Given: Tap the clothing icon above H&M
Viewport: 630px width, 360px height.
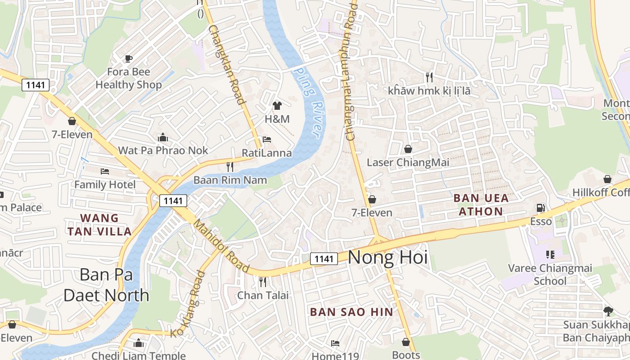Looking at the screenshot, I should (x=277, y=106).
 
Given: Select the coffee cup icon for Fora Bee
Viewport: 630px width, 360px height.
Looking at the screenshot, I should (x=129, y=58).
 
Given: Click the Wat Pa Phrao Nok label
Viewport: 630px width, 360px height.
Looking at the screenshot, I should (x=163, y=150).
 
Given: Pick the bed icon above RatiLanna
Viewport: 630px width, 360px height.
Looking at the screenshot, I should (x=267, y=139).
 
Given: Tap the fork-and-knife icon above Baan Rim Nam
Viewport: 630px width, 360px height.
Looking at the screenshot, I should (x=230, y=167).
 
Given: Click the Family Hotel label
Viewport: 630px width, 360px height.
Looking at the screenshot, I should (x=105, y=184).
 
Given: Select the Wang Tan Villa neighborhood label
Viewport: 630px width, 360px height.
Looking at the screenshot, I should (x=99, y=225).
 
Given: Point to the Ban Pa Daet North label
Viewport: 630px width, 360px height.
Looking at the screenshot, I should (x=106, y=285).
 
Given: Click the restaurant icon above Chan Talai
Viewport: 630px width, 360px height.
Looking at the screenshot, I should (x=263, y=282).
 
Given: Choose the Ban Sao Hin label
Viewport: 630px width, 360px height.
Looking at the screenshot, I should (x=351, y=312).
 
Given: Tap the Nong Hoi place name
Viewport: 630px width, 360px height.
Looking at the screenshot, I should (x=387, y=258).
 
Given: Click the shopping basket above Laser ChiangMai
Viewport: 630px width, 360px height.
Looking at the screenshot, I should (x=408, y=149).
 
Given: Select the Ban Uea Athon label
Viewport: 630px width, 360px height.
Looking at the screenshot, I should (x=481, y=205).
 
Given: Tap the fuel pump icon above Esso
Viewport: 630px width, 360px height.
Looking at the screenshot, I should (x=540, y=208).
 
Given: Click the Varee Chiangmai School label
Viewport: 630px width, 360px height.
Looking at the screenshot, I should (x=550, y=274).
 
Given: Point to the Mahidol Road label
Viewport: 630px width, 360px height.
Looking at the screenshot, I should (x=221, y=246).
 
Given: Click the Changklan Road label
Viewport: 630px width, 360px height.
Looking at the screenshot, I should (x=227, y=64).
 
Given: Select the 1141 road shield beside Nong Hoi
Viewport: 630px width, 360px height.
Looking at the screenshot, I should (x=324, y=259).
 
